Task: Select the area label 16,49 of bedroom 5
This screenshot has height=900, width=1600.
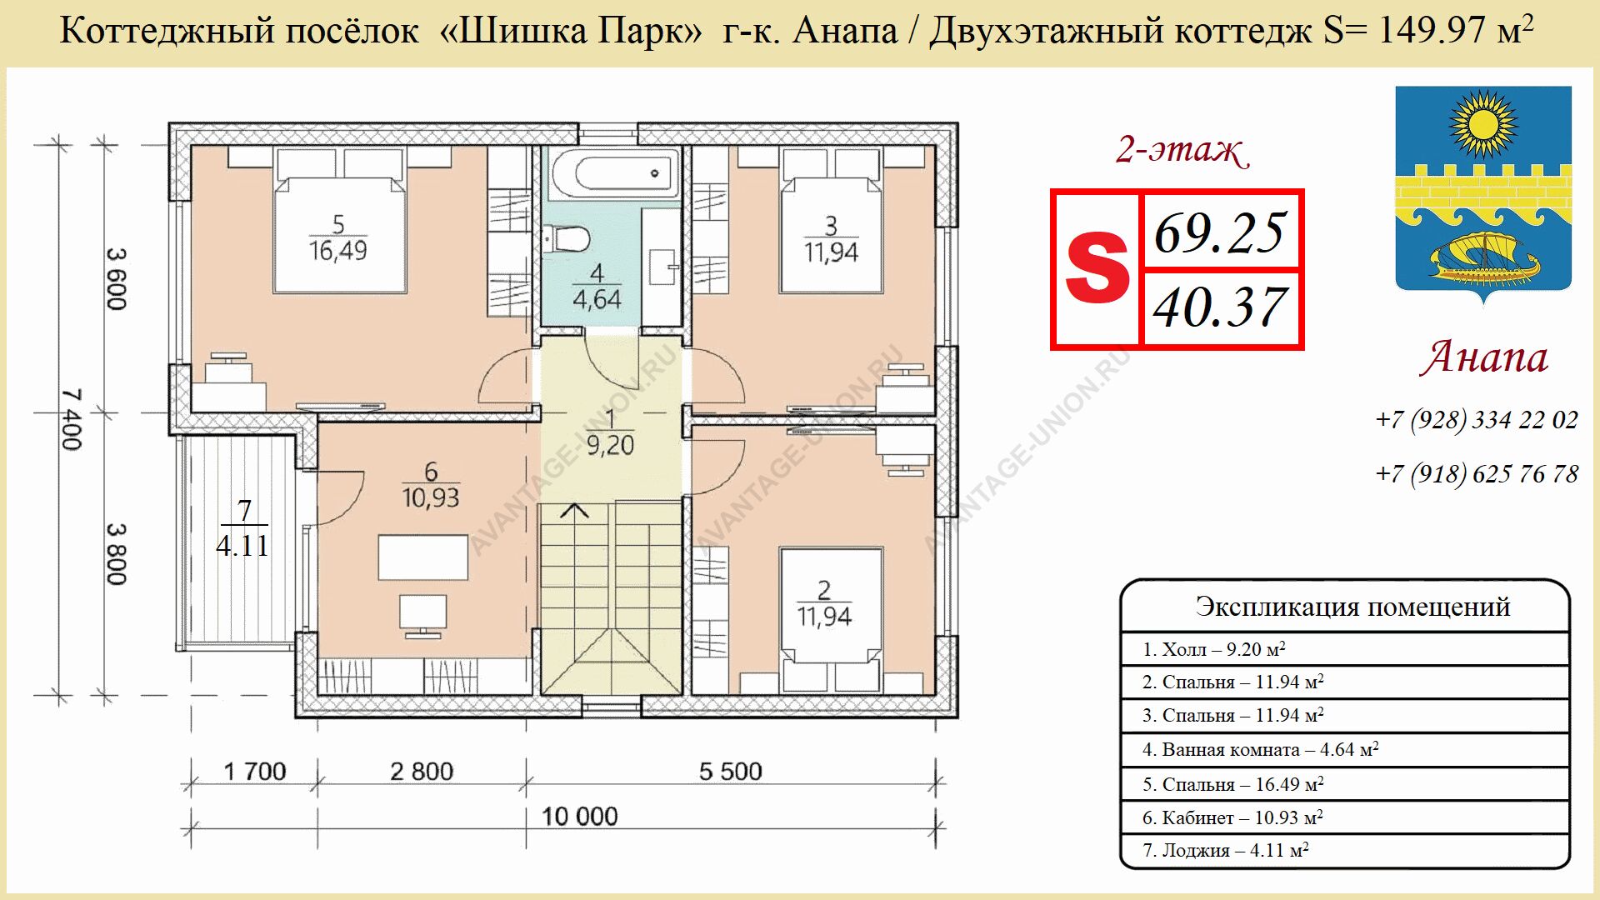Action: point(337,250)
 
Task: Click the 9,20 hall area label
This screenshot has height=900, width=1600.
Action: point(610,446)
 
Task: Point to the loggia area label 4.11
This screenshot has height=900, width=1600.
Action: point(242,547)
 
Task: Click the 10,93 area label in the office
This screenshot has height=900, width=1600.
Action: point(431,497)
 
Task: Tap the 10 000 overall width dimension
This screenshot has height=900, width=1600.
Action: point(580,816)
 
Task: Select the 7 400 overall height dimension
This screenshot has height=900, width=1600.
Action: point(72,419)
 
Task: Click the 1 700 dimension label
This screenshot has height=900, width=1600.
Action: point(255,772)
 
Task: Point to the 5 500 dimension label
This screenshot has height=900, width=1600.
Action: point(731,772)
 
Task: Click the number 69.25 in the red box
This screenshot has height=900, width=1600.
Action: point(1219,232)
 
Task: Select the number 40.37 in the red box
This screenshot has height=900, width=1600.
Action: point(1219,307)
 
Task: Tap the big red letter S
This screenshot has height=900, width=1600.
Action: point(1097,269)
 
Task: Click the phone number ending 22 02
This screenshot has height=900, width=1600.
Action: point(1477,419)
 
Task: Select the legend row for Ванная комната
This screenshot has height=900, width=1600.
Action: point(1345,750)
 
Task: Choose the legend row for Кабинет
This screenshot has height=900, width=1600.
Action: point(1345,818)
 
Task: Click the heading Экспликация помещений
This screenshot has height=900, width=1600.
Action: point(1352,607)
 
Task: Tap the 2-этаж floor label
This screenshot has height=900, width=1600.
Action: point(1182,151)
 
